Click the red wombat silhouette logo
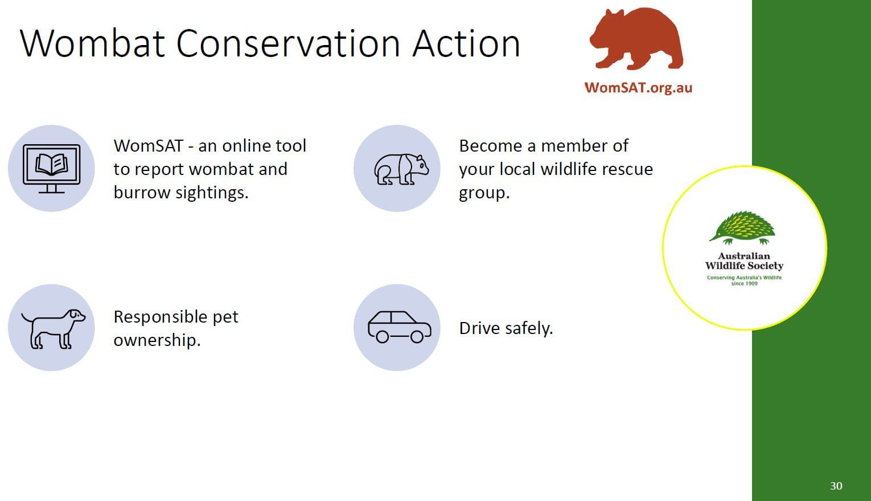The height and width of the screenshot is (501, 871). (636, 39)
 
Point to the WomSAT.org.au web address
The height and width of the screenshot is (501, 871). (638, 88)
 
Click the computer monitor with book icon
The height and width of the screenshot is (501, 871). (52, 169)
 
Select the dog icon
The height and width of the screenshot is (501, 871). (54, 329)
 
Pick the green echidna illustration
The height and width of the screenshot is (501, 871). (742, 228)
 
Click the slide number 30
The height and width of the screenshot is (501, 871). (836, 486)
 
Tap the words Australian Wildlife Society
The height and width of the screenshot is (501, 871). (744, 261)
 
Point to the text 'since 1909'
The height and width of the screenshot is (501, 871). (744, 284)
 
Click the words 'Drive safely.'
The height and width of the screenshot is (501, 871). (506, 328)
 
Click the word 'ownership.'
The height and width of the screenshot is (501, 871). (157, 340)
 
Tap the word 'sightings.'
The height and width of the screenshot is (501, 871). (212, 193)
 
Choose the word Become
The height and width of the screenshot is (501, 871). (491, 145)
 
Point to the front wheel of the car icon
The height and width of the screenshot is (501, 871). (417, 337)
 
